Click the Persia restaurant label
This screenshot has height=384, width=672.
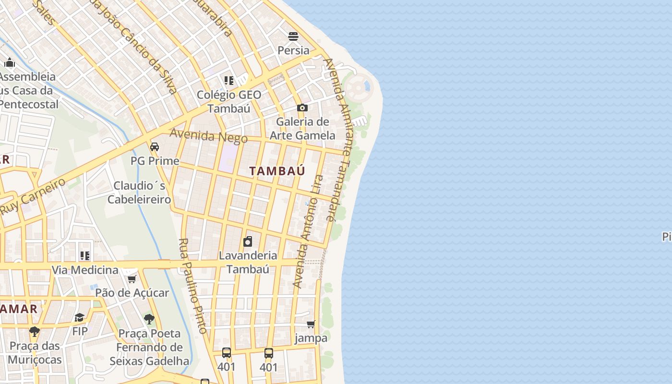tap(293, 50)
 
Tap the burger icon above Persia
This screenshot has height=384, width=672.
tap(293, 36)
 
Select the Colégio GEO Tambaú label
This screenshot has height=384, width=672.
tap(229, 101)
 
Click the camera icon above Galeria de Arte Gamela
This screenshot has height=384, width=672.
tap(302, 108)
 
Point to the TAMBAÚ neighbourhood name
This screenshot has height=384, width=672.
tap(277, 171)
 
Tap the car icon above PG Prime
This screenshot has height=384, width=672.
tap(155, 146)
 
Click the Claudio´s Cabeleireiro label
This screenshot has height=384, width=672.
tap(139, 192)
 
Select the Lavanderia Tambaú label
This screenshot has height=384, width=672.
tap(248, 262)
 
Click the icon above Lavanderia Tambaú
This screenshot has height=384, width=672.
tap(248, 241)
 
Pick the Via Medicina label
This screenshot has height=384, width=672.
tap(85, 270)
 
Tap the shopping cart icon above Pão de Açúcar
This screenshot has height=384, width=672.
tap(132, 279)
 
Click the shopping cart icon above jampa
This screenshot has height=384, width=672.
tap(311, 324)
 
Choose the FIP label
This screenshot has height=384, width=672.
tap(80, 331)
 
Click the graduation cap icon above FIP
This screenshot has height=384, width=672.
tap(80, 317)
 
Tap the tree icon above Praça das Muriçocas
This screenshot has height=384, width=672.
tap(35, 331)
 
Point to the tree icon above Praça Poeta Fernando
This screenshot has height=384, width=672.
tap(149, 319)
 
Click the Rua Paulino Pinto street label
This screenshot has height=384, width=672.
tap(193, 286)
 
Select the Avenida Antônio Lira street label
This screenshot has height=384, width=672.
tap(308, 231)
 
